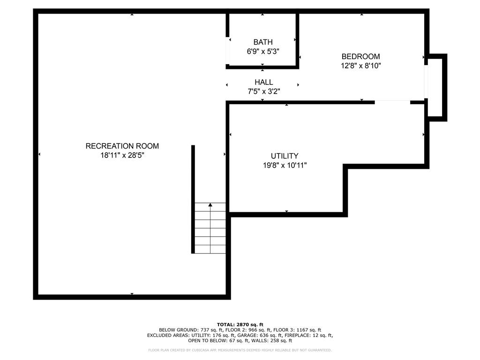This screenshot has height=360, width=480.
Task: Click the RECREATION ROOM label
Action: [x=122, y=146]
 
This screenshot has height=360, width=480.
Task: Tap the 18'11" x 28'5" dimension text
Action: [x=122, y=156]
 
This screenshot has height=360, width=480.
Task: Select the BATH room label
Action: [x=263, y=42]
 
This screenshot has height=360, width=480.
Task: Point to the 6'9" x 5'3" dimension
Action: [x=263, y=52]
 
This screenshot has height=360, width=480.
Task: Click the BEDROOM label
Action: [x=360, y=56]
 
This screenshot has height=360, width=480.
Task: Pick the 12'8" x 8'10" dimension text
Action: [x=360, y=66]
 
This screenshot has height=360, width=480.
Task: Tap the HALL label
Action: [x=264, y=82]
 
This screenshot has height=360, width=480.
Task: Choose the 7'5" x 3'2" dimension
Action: [x=264, y=91]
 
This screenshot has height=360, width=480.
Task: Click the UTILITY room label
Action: [x=285, y=156]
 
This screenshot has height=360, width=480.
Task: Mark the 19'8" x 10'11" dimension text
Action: [x=285, y=165]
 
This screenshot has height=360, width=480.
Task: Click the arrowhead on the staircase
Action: [x=210, y=204]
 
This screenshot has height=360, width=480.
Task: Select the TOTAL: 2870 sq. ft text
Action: [x=240, y=324]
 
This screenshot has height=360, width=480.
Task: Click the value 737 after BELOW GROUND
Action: [x=204, y=330]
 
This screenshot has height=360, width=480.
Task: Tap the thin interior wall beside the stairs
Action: [x=193, y=199]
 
